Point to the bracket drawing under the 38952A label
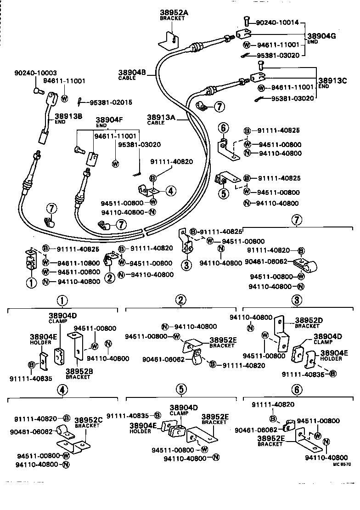point(169,39)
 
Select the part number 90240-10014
point(277,22)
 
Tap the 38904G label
point(321,36)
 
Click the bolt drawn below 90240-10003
point(37,91)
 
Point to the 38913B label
point(68,117)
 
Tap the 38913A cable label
point(162,117)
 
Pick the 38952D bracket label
point(309,320)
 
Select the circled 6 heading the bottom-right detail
point(297,390)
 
